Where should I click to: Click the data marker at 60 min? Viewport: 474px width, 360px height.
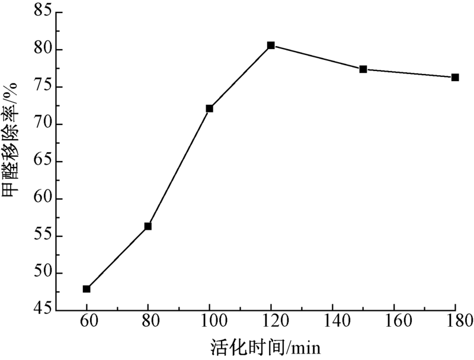tap(87, 289)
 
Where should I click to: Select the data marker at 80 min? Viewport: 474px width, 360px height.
tap(148, 226)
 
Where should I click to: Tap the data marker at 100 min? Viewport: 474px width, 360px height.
tap(209, 108)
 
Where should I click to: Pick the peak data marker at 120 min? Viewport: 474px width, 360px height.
tap(271, 45)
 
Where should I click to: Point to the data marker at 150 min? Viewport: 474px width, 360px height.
tap(363, 69)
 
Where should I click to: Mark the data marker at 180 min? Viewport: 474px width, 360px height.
tap(455, 78)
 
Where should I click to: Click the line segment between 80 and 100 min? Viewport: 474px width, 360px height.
tap(179, 167)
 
